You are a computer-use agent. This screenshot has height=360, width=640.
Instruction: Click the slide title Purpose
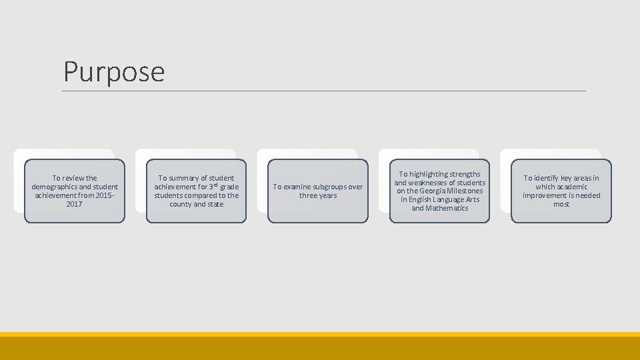(x=113, y=71)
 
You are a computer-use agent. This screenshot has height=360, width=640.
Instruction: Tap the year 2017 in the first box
(x=75, y=204)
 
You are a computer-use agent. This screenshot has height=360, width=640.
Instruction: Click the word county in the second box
(x=180, y=204)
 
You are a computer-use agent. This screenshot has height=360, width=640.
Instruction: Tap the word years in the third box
(x=328, y=195)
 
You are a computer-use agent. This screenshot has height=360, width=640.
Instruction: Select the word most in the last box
(x=561, y=204)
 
